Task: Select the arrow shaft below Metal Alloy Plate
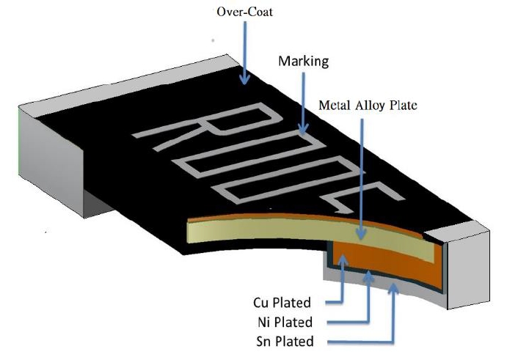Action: tap(360, 176)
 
